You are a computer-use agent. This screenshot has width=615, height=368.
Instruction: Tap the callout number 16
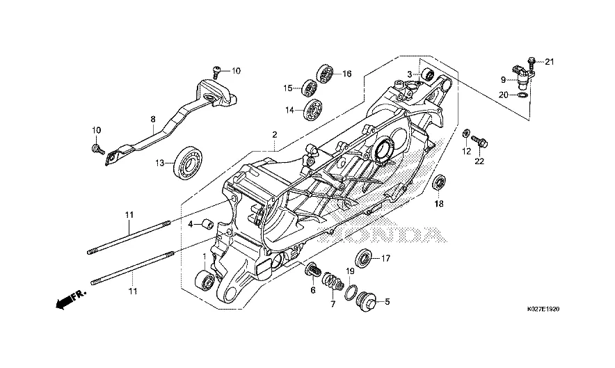346,74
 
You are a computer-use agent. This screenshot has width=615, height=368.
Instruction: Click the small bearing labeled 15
309,88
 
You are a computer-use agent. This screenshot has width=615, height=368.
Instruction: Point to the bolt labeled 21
532,62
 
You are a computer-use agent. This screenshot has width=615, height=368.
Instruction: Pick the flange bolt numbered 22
479,143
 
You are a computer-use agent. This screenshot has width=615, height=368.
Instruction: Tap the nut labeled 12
467,131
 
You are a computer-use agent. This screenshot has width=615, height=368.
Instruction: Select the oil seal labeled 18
439,184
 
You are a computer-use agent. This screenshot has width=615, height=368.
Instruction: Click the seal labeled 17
364,257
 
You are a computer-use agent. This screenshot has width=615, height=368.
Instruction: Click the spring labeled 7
335,284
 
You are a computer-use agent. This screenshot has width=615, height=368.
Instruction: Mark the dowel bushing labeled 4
206,224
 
